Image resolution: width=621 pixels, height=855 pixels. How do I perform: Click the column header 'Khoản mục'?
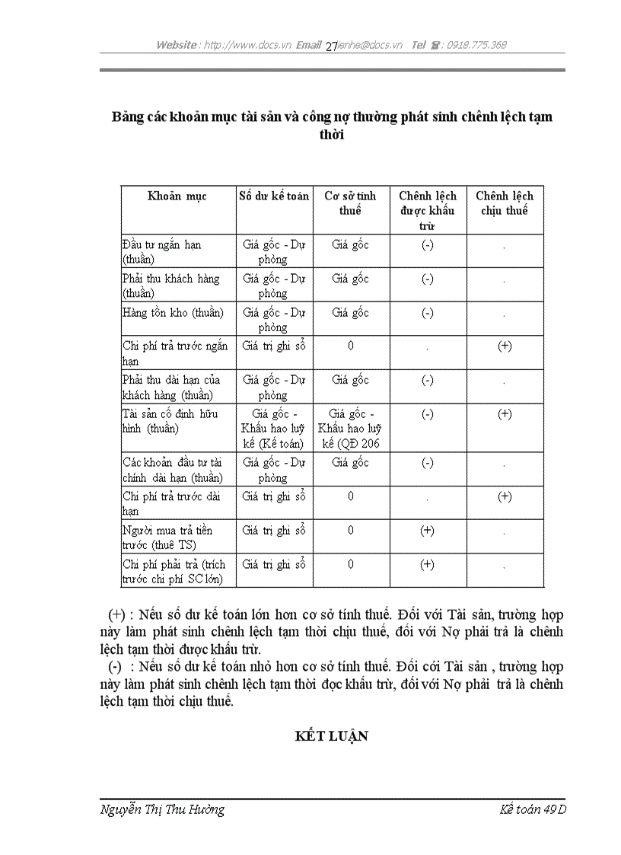tap(177, 196)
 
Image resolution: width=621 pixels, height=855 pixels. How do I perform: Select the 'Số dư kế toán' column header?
tap(273, 196)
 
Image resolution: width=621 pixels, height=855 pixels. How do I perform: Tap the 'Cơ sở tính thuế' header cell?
tap(350, 203)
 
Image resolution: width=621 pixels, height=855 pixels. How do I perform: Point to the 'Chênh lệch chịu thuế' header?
tap(504, 203)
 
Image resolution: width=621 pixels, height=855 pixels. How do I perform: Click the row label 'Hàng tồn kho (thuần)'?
tap(173, 313)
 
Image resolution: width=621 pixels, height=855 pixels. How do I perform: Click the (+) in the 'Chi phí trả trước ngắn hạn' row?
tap(504, 346)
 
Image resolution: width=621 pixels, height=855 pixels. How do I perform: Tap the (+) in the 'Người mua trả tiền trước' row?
tap(427, 531)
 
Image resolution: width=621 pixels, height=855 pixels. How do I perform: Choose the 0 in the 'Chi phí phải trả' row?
tap(350, 564)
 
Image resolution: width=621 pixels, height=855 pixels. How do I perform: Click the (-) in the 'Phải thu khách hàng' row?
tap(427, 279)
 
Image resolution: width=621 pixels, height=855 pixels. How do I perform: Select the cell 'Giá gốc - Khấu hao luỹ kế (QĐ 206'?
tap(350, 429)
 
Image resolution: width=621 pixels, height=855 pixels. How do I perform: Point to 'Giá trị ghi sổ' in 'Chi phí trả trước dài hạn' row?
tap(273, 497)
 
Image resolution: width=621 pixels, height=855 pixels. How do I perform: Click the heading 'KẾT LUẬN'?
tap(332, 736)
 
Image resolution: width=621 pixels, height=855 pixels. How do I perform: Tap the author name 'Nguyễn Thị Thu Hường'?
tap(162, 810)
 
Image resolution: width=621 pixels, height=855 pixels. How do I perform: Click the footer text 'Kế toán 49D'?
tap(533, 810)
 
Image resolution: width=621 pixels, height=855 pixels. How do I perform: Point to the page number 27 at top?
tap(331, 46)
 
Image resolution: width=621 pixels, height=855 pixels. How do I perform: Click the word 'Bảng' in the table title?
tap(126, 117)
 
